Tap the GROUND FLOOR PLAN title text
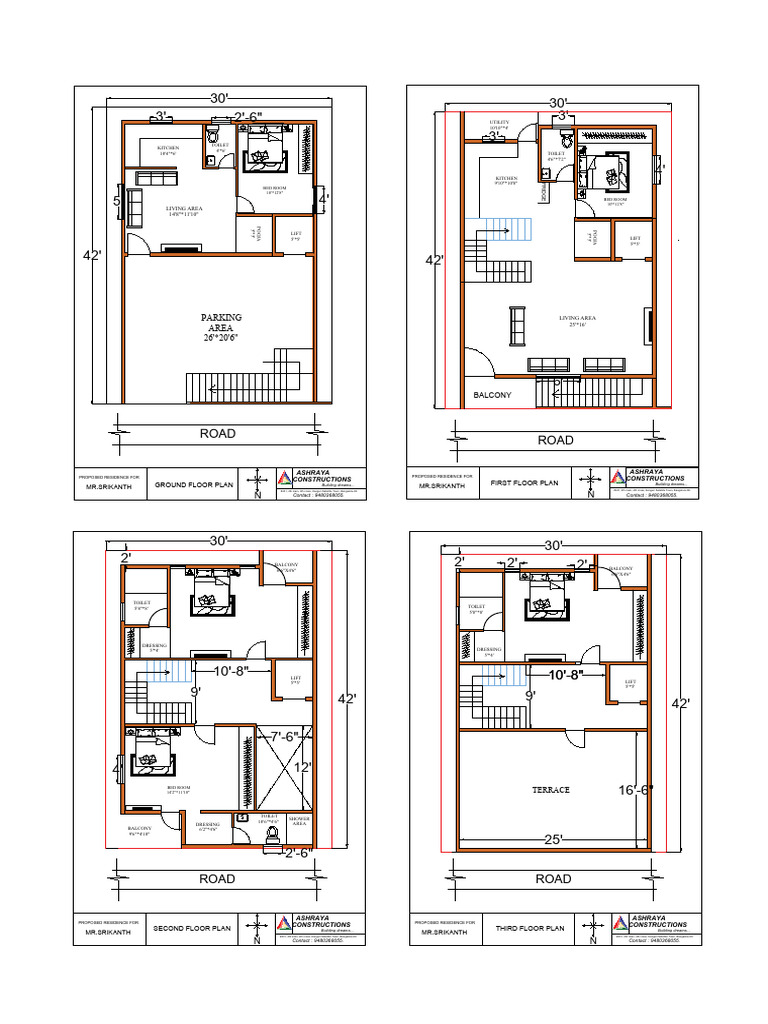[x=195, y=484]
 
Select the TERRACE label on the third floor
[x=550, y=790]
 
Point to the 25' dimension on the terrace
[x=553, y=839]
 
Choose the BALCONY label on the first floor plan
[x=492, y=396]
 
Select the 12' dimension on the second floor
[x=303, y=768]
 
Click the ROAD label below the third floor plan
[x=553, y=879]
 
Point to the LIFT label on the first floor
[x=634, y=240]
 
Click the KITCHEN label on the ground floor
[x=168, y=149]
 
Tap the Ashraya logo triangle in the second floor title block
[x=284, y=926]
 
